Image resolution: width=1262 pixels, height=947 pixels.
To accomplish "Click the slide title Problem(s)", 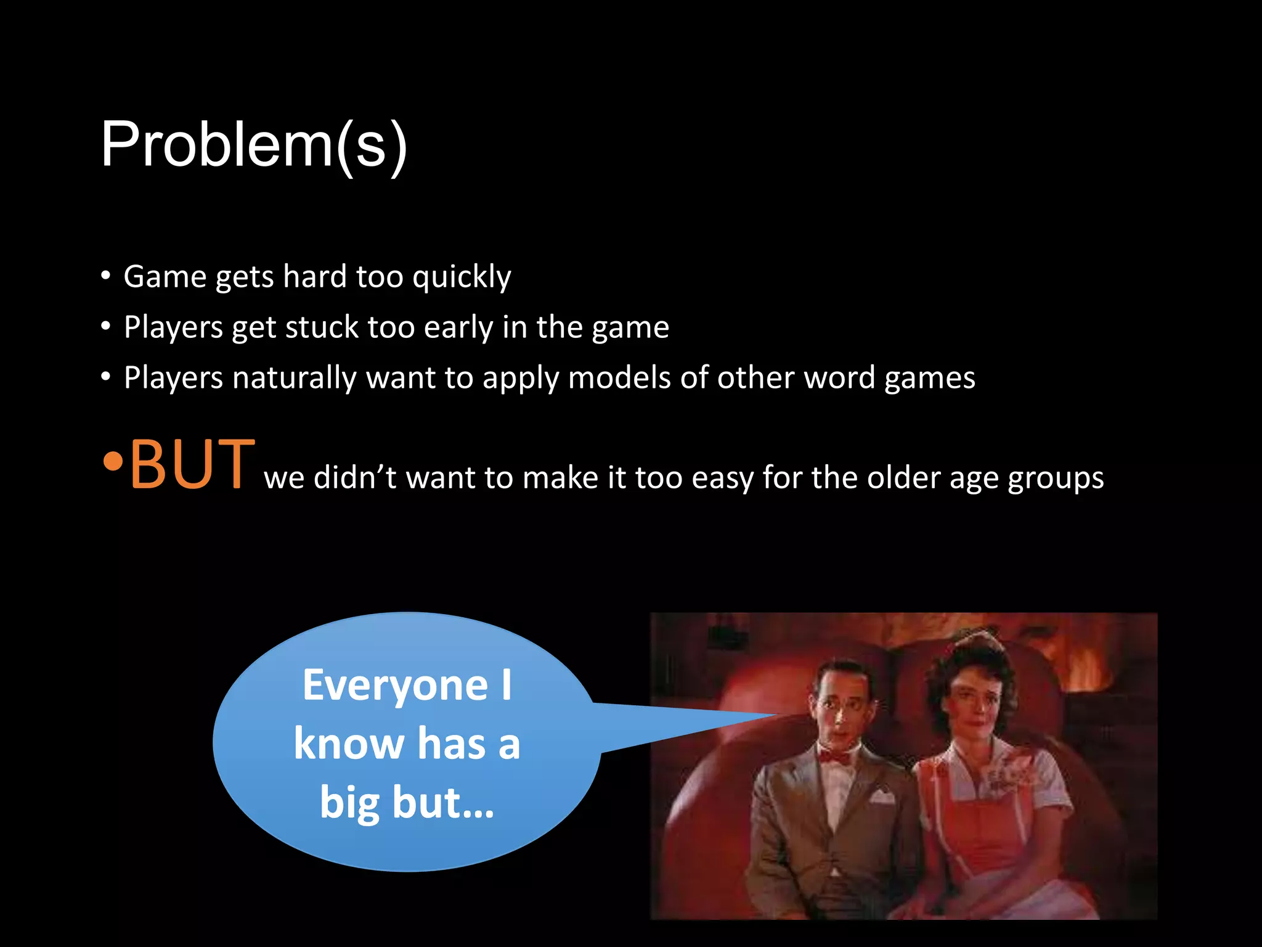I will [254, 145].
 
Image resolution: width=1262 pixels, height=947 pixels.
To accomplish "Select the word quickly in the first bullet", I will [462, 277].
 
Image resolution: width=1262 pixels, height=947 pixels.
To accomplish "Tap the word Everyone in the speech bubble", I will [395, 686].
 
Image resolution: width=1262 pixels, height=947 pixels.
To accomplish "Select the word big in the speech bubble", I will [349, 803].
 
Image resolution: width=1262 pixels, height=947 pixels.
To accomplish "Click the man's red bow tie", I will [834, 756].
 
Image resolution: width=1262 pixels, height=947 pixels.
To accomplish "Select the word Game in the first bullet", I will [165, 277].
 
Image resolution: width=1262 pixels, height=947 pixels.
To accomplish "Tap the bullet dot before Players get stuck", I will [107, 326].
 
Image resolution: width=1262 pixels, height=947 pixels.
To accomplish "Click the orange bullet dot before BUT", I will [112, 461].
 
